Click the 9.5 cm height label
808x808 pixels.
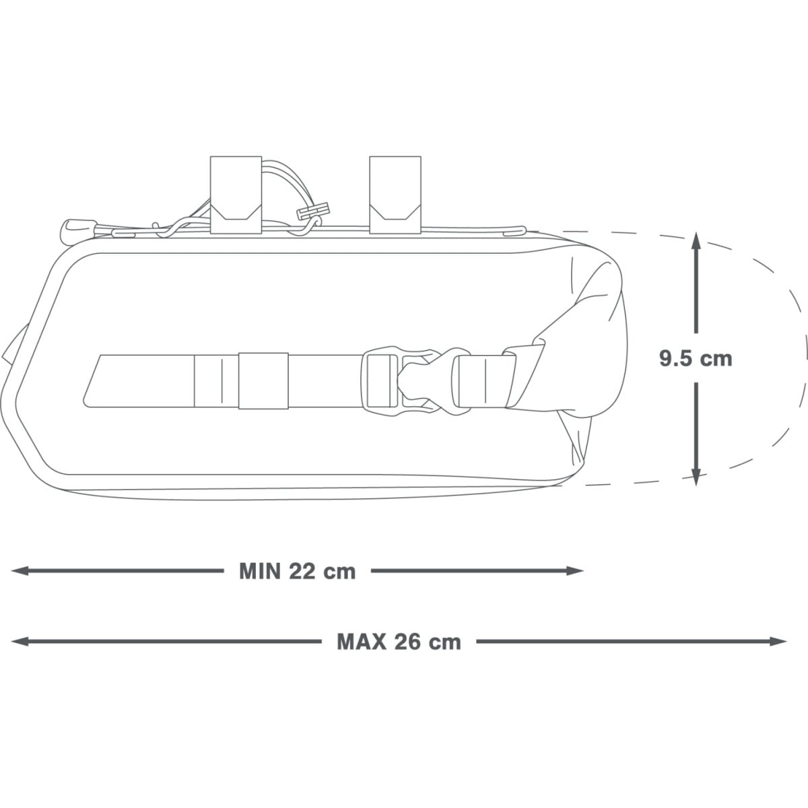[696, 358]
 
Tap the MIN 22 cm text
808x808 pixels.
[298, 571]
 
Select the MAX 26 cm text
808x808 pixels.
[399, 642]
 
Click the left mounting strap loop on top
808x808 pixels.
[236, 195]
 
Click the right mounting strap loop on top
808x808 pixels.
[395, 195]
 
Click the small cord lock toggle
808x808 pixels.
[313, 211]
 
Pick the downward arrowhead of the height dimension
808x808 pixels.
[696, 475]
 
